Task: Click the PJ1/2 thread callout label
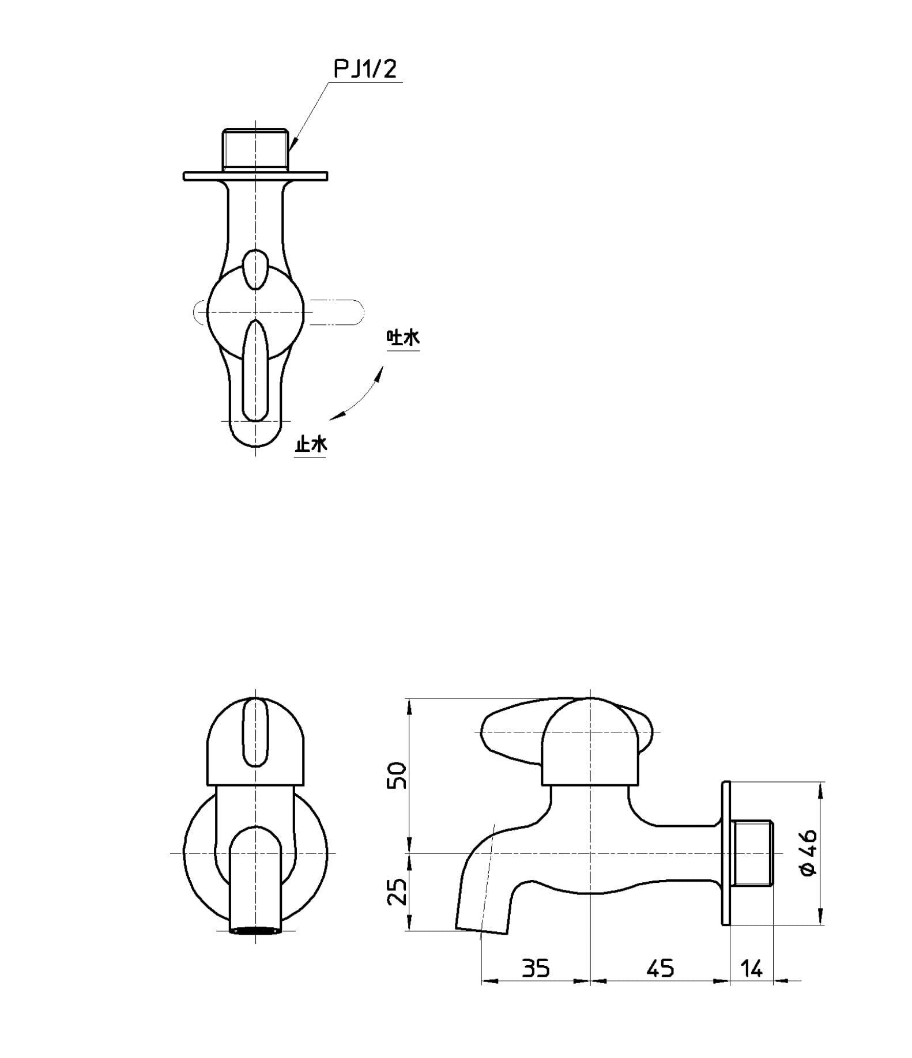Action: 366,70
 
